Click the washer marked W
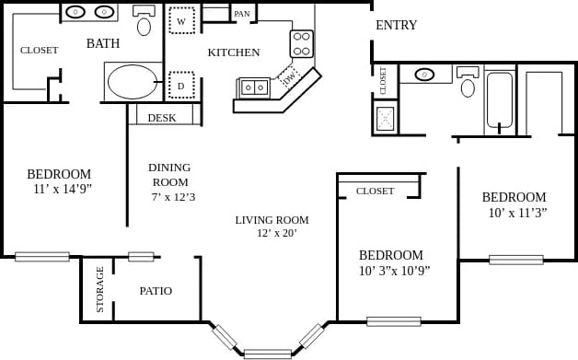click(x=181, y=20)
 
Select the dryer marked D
click(x=181, y=85)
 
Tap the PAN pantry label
click(x=242, y=14)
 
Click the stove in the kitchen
click(x=302, y=43)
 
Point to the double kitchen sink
click(x=253, y=87)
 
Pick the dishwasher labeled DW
click(x=289, y=78)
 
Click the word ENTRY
click(x=396, y=25)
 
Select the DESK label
click(x=162, y=118)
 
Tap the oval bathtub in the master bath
click(x=133, y=81)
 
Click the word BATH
click(x=103, y=43)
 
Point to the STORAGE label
click(x=99, y=289)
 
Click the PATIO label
click(x=156, y=291)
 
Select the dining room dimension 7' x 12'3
click(x=172, y=196)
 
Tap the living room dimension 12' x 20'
click(x=276, y=233)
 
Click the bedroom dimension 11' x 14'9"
click(x=63, y=189)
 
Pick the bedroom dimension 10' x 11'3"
click(x=517, y=213)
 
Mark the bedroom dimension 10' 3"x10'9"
click(x=394, y=271)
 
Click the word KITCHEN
click(x=234, y=52)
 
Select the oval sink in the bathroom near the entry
click(x=424, y=75)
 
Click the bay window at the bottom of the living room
click(x=268, y=353)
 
